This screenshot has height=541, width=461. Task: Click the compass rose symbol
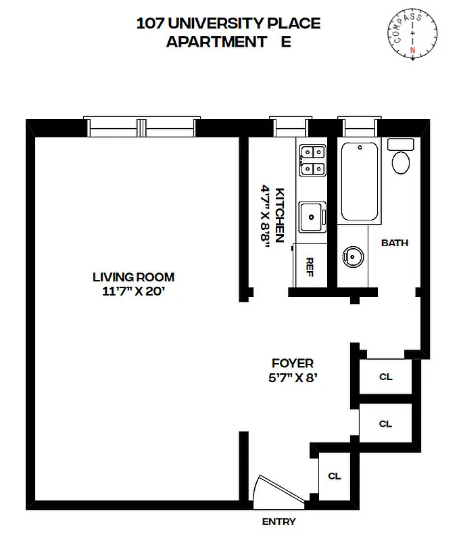412,35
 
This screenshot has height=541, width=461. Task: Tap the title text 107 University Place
228,24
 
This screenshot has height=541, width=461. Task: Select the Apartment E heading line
228,42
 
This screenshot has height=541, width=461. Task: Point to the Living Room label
133,277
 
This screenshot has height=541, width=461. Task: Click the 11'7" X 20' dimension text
133,292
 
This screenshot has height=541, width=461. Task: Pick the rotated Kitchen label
279,216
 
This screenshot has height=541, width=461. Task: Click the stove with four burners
312,160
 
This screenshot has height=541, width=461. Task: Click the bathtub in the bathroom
360,183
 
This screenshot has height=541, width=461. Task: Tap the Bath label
395,243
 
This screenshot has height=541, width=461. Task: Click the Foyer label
292,363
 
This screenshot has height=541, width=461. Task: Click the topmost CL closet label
385,377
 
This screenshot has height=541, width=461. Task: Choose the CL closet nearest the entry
335,476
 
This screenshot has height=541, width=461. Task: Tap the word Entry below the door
278,521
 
